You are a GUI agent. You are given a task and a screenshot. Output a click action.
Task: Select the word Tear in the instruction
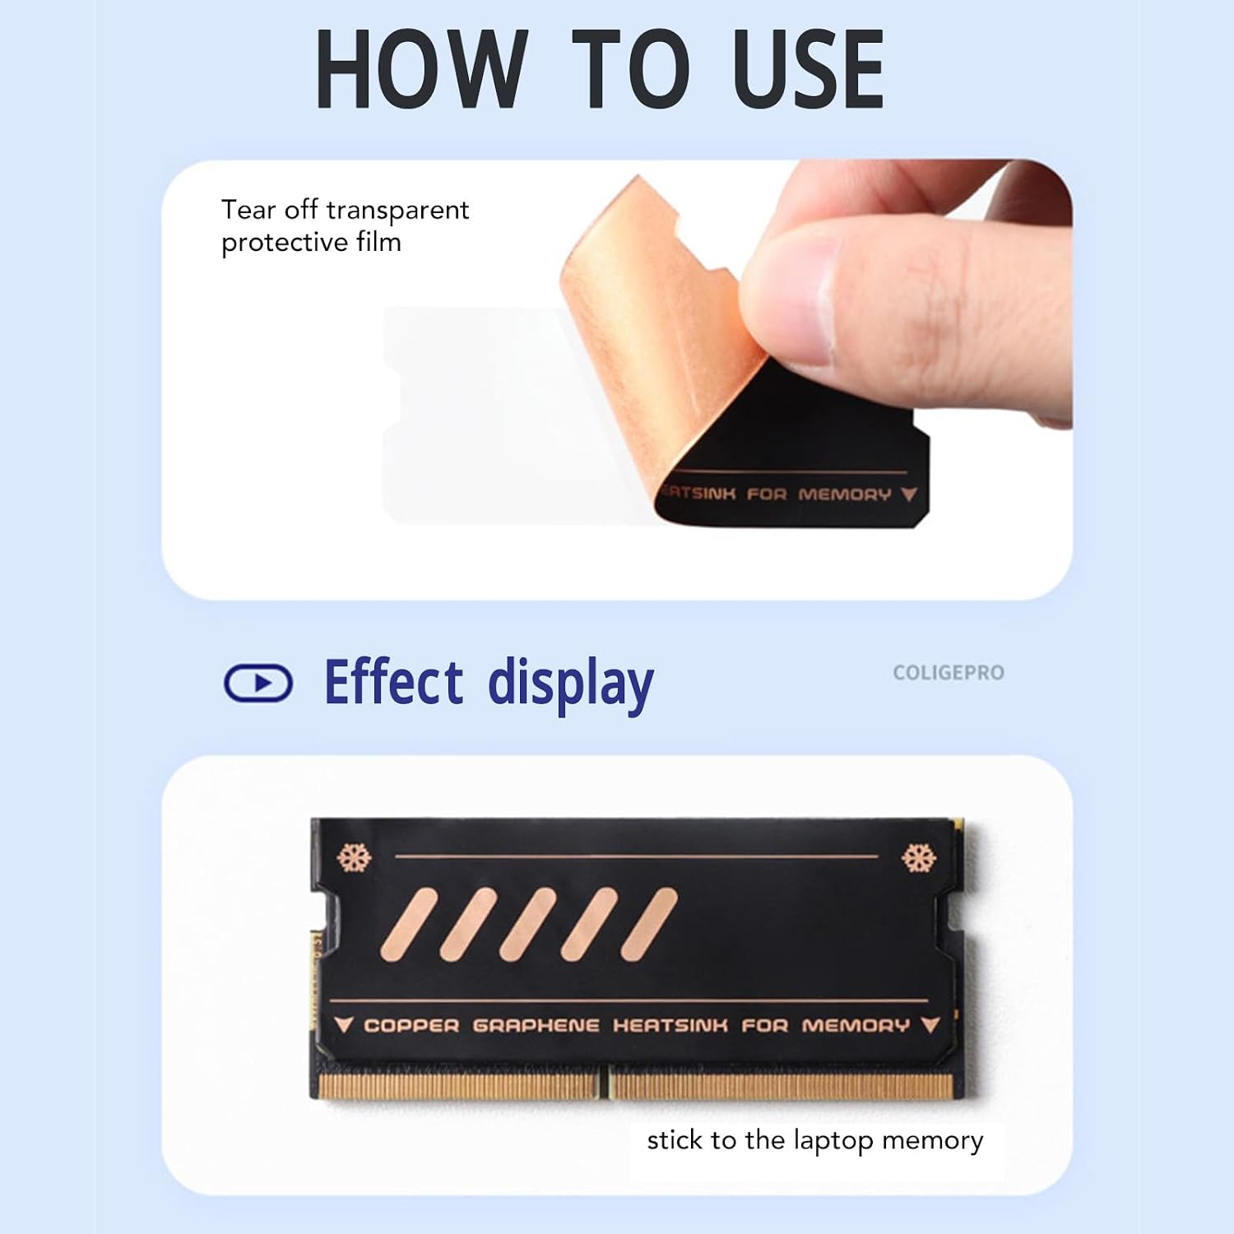[x=248, y=210]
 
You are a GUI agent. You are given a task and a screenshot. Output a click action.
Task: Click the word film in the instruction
[x=378, y=242]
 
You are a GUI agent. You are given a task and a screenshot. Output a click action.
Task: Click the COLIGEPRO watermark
[x=949, y=673]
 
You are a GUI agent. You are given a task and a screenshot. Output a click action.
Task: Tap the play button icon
[x=258, y=683]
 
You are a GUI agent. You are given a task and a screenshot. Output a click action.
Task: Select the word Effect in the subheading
[x=394, y=682]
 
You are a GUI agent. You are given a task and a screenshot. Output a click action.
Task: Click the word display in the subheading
[x=571, y=685]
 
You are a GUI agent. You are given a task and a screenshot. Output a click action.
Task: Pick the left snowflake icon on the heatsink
[x=355, y=858]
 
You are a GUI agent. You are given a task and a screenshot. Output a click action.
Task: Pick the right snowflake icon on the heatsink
[x=919, y=858]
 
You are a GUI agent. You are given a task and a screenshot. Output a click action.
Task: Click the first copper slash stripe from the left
[x=409, y=925]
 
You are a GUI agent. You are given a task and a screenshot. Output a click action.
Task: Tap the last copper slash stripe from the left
[x=649, y=925]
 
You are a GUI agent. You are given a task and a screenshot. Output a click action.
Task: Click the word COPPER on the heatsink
[x=411, y=1025]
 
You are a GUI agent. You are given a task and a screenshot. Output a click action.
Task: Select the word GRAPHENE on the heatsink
[x=536, y=1025]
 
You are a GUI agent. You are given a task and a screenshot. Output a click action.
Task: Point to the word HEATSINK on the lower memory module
[x=670, y=1025]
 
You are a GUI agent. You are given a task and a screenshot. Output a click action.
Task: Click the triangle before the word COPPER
[x=344, y=1024]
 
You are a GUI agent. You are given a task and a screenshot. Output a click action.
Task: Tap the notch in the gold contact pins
[x=607, y=1083]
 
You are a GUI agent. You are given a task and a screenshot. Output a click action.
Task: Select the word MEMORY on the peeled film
[x=845, y=494]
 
